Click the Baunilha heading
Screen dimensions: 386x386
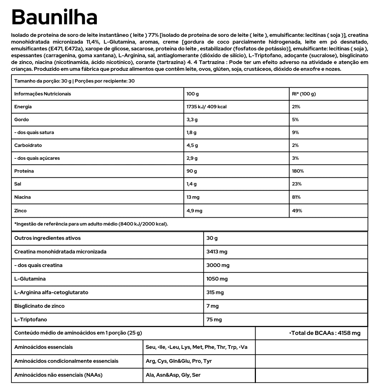point(54,17)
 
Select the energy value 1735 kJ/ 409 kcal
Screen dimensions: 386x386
point(207,107)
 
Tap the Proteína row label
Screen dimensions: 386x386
point(24,171)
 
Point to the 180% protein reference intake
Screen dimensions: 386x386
point(298,171)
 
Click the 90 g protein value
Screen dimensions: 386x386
point(192,171)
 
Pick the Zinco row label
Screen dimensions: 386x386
point(20,211)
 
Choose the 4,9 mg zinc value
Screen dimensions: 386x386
point(194,211)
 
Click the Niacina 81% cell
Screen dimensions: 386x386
point(296,197)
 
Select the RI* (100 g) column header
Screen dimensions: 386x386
point(304,94)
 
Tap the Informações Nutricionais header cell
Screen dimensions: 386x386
point(43,94)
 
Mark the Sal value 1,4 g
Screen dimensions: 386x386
point(192,184)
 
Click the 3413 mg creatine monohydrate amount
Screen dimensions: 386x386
point(217,252)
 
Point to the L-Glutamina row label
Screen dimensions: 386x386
point(30,279)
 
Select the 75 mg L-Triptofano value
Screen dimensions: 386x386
point(214,320)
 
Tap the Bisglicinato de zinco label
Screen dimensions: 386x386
point(39,306)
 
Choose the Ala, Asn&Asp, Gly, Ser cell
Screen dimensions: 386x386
point(173,375)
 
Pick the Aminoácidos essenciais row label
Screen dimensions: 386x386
point(43,347)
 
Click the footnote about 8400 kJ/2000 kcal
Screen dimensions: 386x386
point(91,224)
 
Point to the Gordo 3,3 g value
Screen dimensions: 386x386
point(192,120)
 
